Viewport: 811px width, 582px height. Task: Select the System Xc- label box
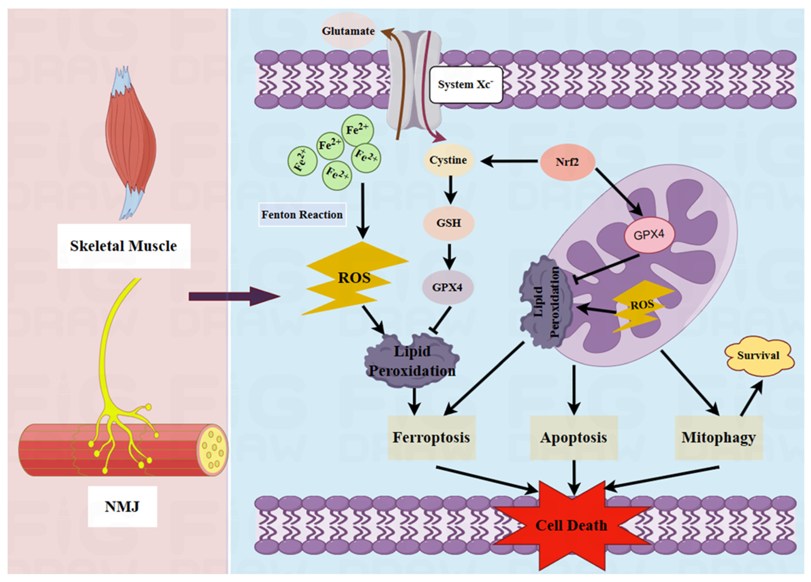466,85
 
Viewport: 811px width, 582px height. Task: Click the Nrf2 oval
567,162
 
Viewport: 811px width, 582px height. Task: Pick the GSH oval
448,223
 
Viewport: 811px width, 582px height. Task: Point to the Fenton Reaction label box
302,214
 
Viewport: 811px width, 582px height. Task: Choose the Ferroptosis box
431,437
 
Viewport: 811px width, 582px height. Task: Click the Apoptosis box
573,437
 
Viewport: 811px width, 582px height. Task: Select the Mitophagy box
718,437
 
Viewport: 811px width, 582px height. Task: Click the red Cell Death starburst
571,526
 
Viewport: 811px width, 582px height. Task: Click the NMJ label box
122,506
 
